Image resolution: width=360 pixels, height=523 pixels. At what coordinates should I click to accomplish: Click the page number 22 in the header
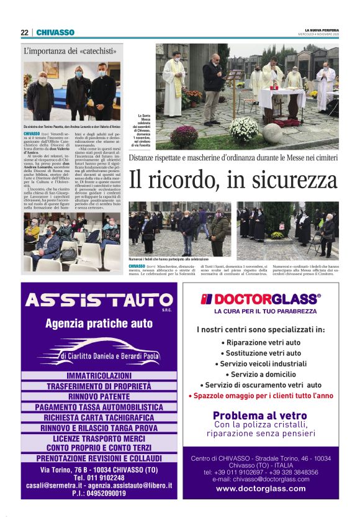pos(24,32)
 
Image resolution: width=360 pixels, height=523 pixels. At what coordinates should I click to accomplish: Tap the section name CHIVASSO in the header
pos(55,32)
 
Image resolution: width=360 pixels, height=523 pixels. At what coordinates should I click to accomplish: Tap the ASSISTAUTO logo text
pos(98,302)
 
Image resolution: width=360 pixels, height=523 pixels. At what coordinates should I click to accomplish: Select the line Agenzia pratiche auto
pos(99,324)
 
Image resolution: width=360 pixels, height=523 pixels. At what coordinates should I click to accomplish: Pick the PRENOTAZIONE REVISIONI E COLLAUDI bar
pos(99,458)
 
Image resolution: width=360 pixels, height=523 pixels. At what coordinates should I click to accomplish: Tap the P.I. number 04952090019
pos(99,493)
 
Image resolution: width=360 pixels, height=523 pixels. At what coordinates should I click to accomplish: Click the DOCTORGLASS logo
pos(261,299)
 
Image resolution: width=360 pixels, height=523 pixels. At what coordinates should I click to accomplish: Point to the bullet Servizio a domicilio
pos(261,375)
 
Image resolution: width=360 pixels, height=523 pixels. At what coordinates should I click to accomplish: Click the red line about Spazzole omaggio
pos(261,396)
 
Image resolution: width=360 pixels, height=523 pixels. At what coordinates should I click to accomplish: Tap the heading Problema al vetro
pos(261,416)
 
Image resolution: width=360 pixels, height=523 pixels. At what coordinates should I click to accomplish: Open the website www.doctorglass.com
pos(261,488)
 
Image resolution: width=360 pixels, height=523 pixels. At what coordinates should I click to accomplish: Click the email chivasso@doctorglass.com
pos(261,479)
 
